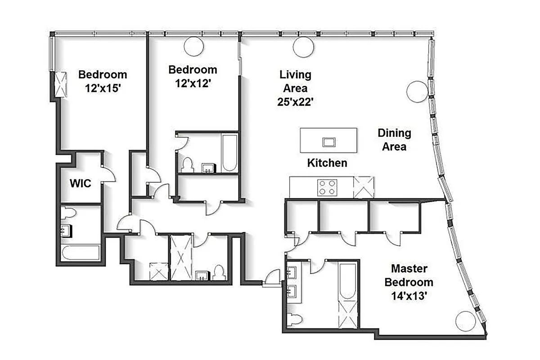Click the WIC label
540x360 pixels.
point(81,184)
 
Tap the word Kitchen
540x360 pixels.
point(327,162)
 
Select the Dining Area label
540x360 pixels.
point(394,139)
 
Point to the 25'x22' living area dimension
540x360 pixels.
point(295,102)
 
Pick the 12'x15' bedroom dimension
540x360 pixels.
point(103,89)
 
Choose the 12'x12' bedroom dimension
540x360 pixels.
point(193,84)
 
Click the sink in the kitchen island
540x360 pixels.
point(328,142)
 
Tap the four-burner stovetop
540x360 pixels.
point(327,187)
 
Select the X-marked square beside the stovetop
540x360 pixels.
point(364,187)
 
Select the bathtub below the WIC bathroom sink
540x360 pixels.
point(81,252)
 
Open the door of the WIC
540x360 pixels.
point(108,175)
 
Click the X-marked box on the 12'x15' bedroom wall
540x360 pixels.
point(60,84)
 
